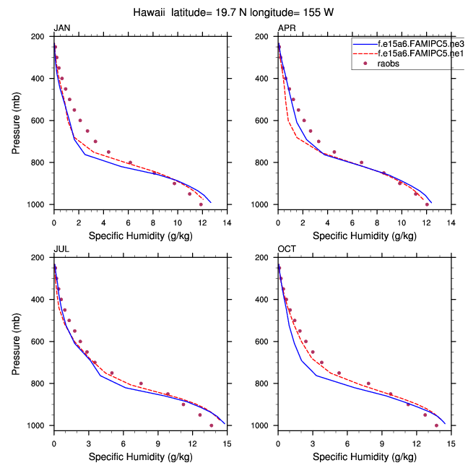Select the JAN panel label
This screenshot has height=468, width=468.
point(62,28)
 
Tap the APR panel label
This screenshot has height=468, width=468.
point(287,28)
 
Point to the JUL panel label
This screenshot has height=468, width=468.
point(61,249)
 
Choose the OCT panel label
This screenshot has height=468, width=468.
point(287,249)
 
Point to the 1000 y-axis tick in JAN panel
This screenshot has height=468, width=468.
point(39,204)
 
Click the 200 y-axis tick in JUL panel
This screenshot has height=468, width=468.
point(41,257)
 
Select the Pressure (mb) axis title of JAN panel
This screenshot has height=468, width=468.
point(17,121)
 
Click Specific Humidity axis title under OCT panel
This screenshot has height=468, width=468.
point(365,457)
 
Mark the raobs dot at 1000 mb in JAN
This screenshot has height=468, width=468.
point(201,204)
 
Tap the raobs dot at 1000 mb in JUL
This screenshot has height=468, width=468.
point(211,425)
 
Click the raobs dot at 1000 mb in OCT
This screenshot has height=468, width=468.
point(436,425)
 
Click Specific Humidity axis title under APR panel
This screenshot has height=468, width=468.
point(365,236)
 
